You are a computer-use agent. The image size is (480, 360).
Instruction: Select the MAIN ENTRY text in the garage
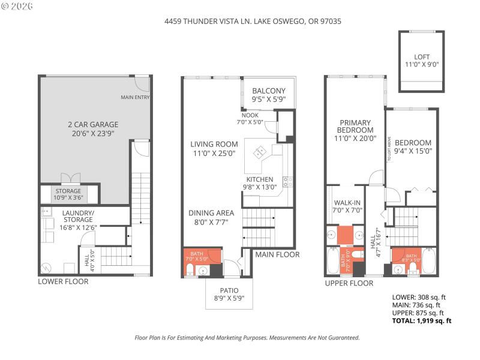135,97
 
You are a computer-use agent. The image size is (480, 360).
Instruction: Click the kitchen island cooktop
262,152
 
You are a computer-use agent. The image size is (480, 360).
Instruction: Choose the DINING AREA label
211,217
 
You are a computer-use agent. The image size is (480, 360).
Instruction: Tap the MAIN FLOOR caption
277,254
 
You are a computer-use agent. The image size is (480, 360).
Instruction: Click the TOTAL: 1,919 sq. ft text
421,320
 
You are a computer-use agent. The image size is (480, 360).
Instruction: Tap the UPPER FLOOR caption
349,282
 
